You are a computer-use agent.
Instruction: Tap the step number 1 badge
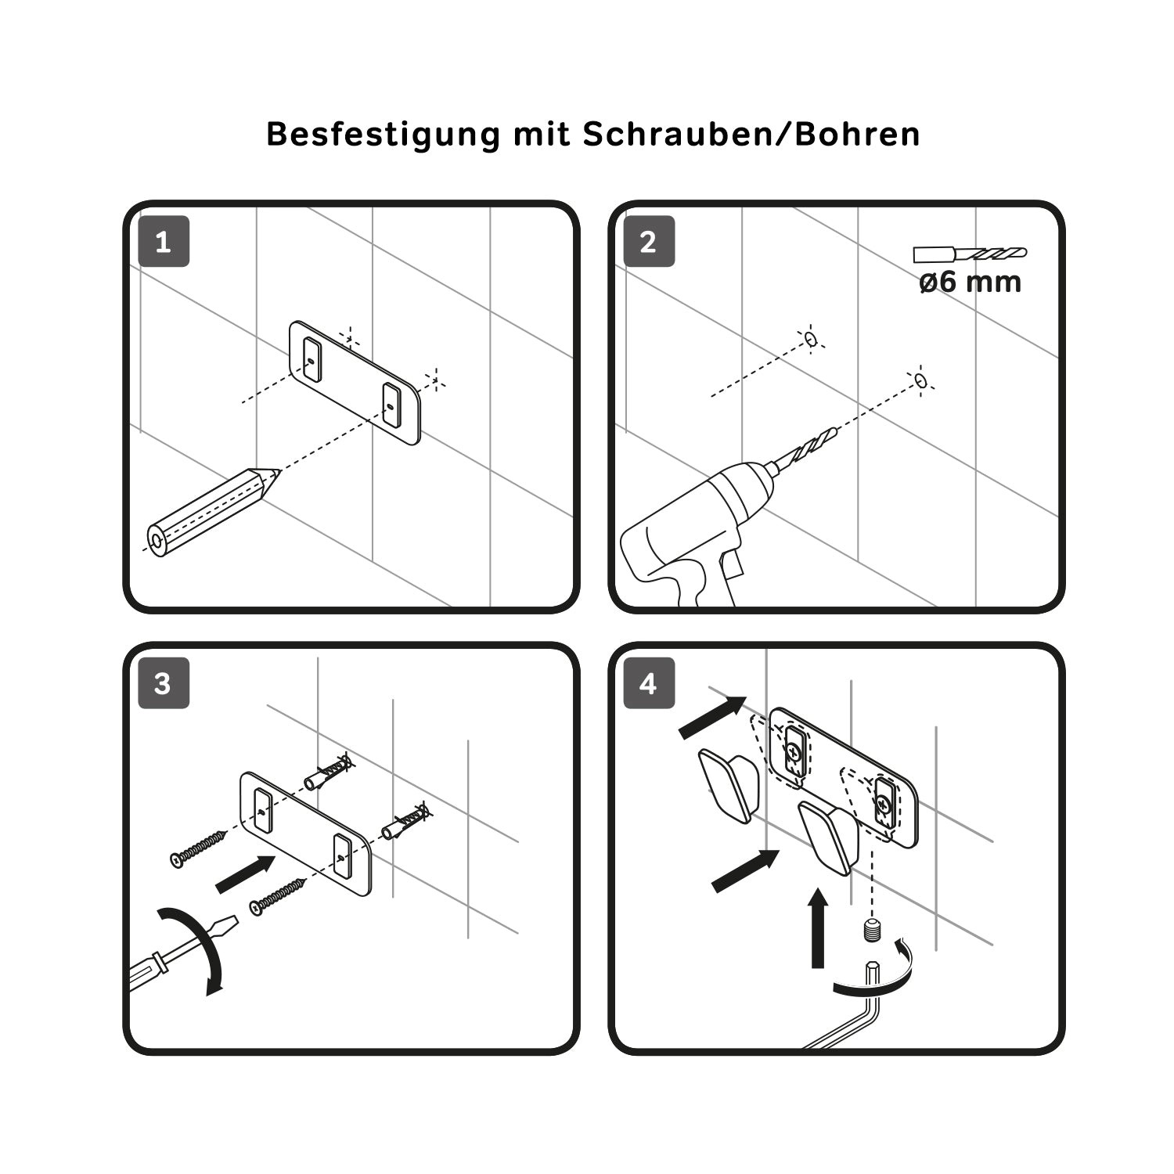pos(164,242)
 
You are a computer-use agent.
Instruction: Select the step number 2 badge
pos(649,242)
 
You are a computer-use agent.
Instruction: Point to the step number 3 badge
pos(164,684)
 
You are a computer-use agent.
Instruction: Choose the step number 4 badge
pos(649,684)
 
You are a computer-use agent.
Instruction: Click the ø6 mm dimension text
pos(970,282)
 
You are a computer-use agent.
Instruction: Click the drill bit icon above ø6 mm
pos(970,254)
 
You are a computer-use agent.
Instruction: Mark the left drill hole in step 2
pos(811,339)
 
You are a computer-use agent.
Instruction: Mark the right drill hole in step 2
pos(921,380)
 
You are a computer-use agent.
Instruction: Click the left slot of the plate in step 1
pos(312,360)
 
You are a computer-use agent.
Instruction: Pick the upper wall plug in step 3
pos(329,772)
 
